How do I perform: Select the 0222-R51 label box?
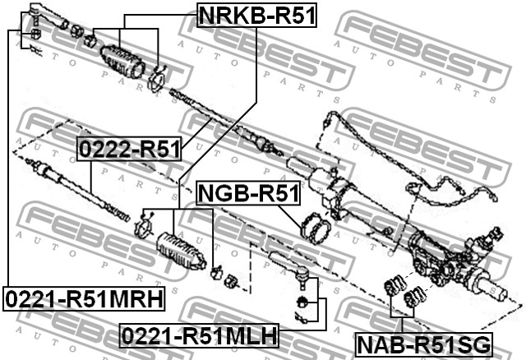[x=129, y=149]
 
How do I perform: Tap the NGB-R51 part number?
[x=248, y=194]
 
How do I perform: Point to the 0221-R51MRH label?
[x=83, y=297]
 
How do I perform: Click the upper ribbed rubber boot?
[x=122, y=59]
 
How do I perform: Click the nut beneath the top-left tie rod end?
[x=36, y=35]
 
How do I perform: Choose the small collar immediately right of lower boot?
[x=218, y=271]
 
